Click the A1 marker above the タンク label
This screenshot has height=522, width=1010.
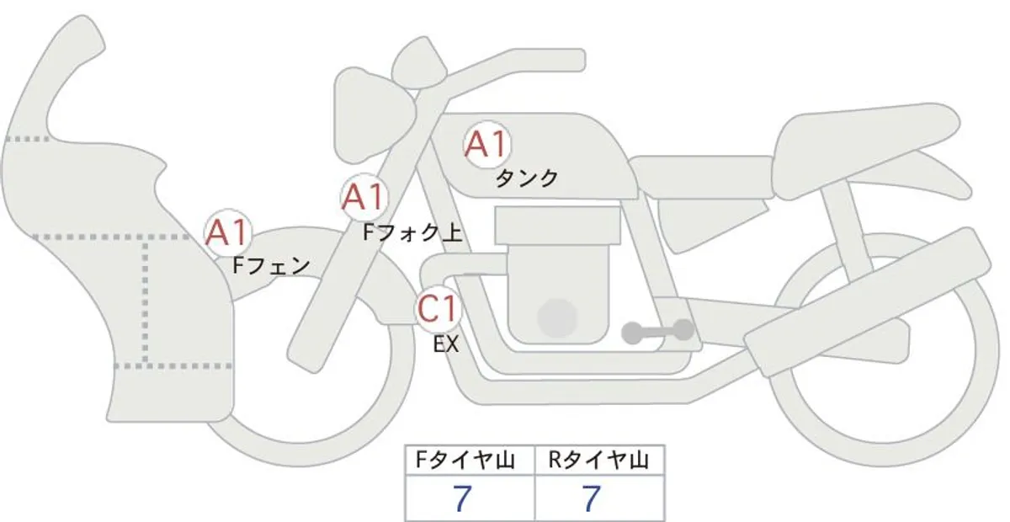(487, 144)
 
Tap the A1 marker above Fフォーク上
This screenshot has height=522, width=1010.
(364, 197)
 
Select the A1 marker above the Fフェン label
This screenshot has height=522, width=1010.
(228, 232)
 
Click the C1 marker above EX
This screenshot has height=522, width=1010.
(439, 309)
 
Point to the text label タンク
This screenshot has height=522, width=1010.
(527, 178)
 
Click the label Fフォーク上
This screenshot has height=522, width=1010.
(412, 233)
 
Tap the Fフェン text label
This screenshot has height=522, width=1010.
(271, 266)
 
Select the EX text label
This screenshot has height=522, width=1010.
(446, 344)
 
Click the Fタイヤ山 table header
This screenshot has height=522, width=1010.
(465, 461)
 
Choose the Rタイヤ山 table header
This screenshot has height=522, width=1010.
(599, 461)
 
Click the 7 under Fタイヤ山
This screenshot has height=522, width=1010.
(463, 498)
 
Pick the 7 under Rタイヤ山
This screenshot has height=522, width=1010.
(592, 498)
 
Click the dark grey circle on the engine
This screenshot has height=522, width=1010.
(557, 317)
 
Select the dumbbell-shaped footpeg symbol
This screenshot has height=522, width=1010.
(657, 332)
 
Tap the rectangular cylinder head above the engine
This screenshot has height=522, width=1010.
(558, 226)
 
